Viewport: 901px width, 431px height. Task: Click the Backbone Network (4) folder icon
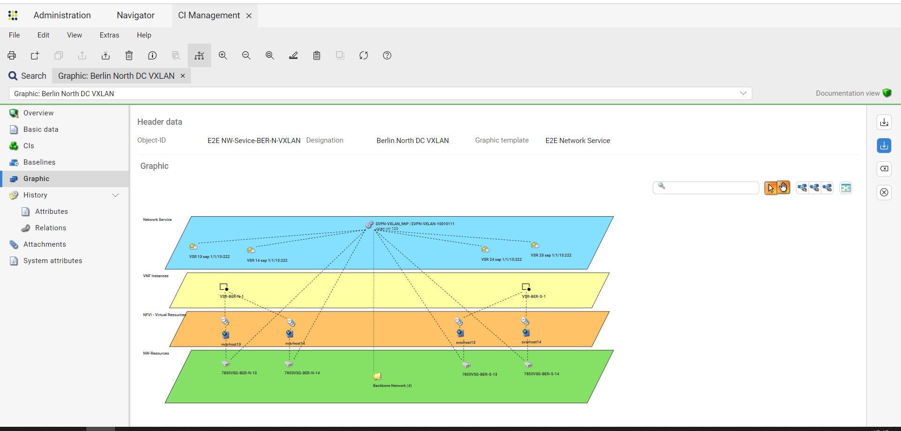click(377, 376)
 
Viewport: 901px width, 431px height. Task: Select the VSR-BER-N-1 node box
click(224, 287)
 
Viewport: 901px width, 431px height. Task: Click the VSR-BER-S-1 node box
click(526, 287)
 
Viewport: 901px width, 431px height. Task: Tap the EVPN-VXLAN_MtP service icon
click(369, 225)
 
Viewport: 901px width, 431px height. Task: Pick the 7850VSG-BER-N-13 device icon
click(226, 364)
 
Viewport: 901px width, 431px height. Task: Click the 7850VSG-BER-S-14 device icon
click(528, 365)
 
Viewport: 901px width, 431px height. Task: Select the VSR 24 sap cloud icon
click(485, 250)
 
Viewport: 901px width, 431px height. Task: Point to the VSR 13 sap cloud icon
click(193, 246)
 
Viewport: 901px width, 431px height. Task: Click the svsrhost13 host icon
click(460, 333)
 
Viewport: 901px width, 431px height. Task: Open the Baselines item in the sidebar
click(39, 162)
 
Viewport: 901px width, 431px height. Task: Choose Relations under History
click(50, 228)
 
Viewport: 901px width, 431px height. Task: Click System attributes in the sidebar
click(53, 261)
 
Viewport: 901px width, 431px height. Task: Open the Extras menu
click(109, 35)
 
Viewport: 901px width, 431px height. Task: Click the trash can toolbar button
click(129, 56)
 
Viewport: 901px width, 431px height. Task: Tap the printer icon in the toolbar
click(12, 56)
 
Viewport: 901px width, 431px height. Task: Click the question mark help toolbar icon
click(387, 56)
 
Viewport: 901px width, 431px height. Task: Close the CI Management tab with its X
click(249, 16)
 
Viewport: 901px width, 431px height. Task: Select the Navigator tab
click(136, 15)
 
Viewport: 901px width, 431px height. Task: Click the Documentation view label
click(848, 93)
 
